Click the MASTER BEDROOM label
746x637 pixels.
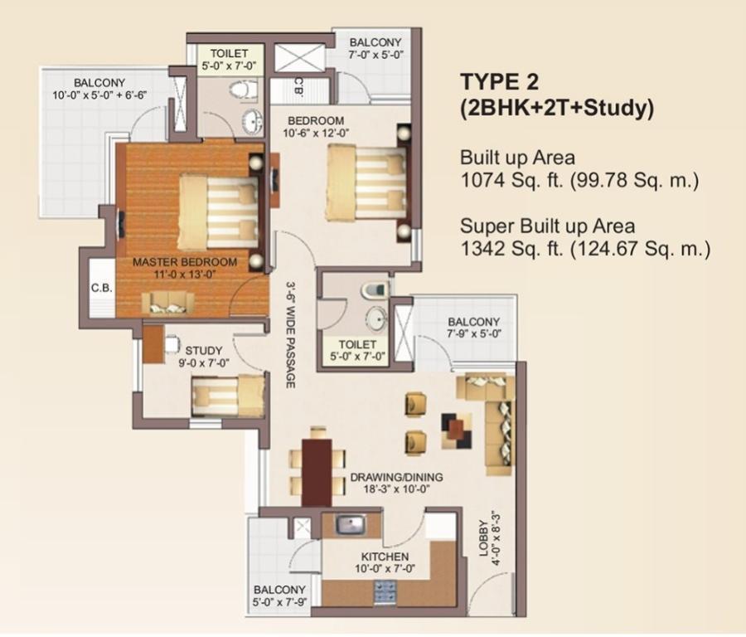point(185,262)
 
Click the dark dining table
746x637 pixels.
point(317,471)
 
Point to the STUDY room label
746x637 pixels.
point(204,351)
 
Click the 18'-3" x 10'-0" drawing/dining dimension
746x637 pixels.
point(390,489)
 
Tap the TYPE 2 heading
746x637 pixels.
point(500,82)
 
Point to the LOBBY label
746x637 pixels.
point(483,538)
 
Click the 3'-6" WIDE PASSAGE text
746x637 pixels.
point(290,334)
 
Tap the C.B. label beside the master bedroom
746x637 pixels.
point(101,288)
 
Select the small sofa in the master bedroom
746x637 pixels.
point(168,304)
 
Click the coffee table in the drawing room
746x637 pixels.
point(457,430)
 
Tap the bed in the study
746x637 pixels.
point(228,396)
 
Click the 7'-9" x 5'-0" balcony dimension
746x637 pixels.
point(474,333)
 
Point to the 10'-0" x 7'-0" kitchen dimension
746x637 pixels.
point(385,568)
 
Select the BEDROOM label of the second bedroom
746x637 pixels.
point(316,121)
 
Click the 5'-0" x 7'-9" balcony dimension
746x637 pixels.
point(279,602)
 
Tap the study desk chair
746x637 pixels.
point(172,343)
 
